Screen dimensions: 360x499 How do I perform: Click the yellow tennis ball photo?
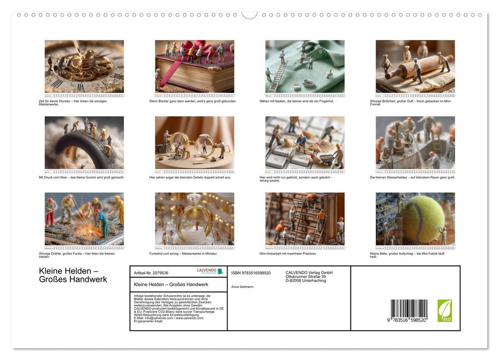pos(415,219)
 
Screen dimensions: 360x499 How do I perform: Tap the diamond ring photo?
pos(194,219)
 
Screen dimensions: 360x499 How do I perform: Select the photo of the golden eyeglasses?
pos(194,142)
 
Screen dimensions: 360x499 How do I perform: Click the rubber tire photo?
pos(84,142)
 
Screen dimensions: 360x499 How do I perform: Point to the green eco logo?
pos(445,311)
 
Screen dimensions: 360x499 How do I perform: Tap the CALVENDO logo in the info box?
pos(210,271)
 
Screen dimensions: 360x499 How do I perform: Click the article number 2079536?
pos(151,273)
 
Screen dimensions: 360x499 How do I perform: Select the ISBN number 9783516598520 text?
pos(251,273)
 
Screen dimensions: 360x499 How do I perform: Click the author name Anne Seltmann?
pos(242,286)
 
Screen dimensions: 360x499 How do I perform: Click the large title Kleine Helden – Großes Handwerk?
pos(73,275)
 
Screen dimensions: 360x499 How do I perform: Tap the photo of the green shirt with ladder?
pos(305,66)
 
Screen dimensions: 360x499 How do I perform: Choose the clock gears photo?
pos(84,66)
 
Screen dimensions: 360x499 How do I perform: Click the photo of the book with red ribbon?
pos(194,66)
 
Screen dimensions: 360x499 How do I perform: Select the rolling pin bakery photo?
pos(415,66)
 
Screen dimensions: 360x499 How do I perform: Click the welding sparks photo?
pos(84,219)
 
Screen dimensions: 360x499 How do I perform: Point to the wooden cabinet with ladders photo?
pos(305,219)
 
